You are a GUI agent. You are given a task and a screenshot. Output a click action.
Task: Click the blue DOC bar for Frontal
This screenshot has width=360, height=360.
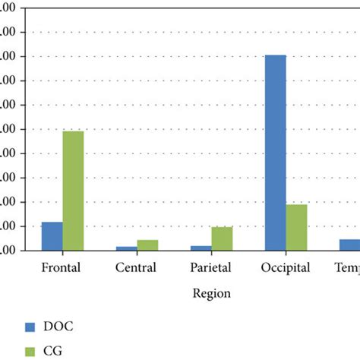click(x=52, y=236)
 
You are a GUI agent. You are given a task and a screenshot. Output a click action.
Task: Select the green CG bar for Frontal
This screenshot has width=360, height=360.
click(x=73, y=191)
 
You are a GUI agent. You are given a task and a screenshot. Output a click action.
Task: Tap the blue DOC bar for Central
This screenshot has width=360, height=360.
click(x=126, y=248)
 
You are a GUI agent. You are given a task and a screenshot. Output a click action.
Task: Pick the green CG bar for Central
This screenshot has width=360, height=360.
click(x=147, y=245)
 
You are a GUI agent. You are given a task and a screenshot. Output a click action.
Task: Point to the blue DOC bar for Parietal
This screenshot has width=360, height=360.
click(x=201, y=248)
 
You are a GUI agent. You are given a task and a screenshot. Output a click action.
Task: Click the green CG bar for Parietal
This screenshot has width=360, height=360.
click(x=222, y=238)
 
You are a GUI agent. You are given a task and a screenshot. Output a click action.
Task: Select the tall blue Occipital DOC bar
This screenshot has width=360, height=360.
click(x=275, y=153)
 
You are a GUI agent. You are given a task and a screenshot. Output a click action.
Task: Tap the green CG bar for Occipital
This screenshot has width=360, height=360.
click(x=296, y=227)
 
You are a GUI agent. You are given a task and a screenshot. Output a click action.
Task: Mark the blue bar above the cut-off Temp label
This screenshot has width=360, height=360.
click(x=349, y=245)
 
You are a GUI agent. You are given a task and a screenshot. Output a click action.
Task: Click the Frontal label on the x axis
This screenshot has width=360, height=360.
click(x=60, y=267)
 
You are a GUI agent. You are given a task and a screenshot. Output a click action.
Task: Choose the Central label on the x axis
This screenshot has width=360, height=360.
click(x=136, y=267)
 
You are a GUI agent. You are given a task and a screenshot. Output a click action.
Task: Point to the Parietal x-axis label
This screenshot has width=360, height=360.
click(x=211, y=267)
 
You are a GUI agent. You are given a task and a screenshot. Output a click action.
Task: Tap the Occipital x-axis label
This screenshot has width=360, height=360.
click(x=286, y=267)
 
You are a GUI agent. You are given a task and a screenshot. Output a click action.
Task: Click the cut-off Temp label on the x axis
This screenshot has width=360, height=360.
click(x=347, y=267)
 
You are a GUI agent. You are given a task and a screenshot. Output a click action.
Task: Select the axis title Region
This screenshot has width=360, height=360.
click(x=211, y=293)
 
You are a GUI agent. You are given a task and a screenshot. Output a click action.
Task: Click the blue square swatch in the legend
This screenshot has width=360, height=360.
click(x=30, y=327)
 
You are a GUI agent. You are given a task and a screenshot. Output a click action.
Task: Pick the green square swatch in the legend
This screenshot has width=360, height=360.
click(x=30, y=350)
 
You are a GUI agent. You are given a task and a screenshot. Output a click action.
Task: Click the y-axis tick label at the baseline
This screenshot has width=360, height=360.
click(x=11, y=251)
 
